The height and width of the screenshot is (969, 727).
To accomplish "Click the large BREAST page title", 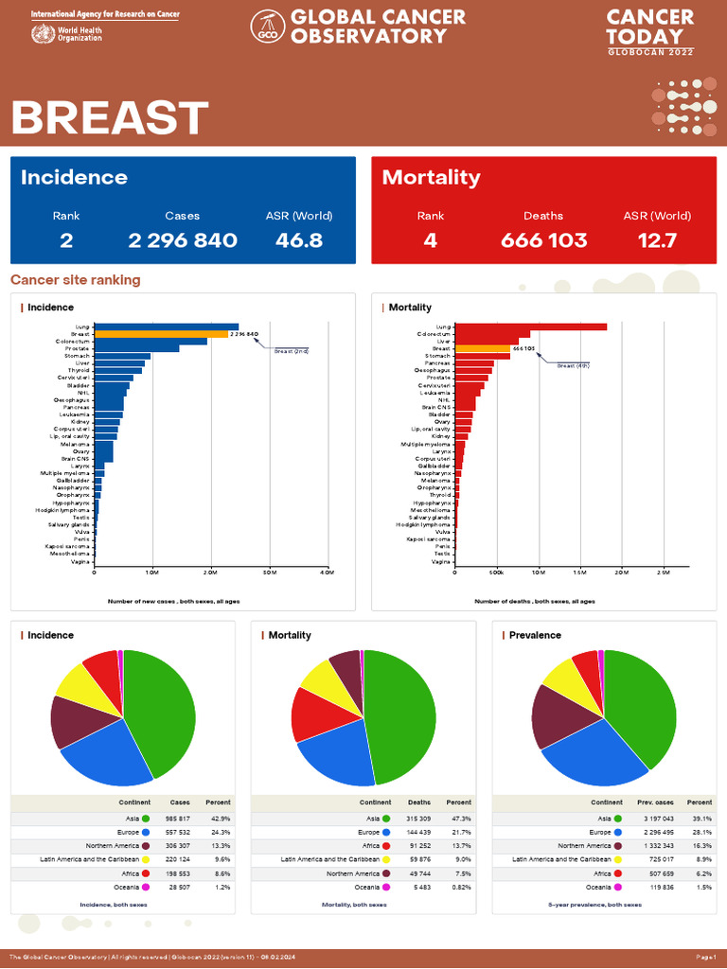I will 109,118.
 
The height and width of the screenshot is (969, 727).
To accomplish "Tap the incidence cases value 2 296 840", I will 183,240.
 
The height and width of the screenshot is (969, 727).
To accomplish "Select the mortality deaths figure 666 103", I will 543,240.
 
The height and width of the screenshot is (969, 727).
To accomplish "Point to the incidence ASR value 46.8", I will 299,240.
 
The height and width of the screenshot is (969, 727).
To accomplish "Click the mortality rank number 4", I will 431,240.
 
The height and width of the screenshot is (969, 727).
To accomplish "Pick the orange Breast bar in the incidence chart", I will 161,334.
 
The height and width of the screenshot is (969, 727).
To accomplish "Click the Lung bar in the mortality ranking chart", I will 530,327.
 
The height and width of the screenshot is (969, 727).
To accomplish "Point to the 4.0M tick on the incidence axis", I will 327,573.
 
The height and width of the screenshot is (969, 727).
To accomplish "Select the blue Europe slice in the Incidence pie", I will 104,757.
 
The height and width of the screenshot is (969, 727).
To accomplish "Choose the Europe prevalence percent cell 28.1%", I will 700,832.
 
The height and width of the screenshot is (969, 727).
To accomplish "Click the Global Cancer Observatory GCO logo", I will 267,27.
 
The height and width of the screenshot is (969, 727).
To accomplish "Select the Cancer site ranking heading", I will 75,280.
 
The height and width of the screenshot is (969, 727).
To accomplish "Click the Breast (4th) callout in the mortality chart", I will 573,365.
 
